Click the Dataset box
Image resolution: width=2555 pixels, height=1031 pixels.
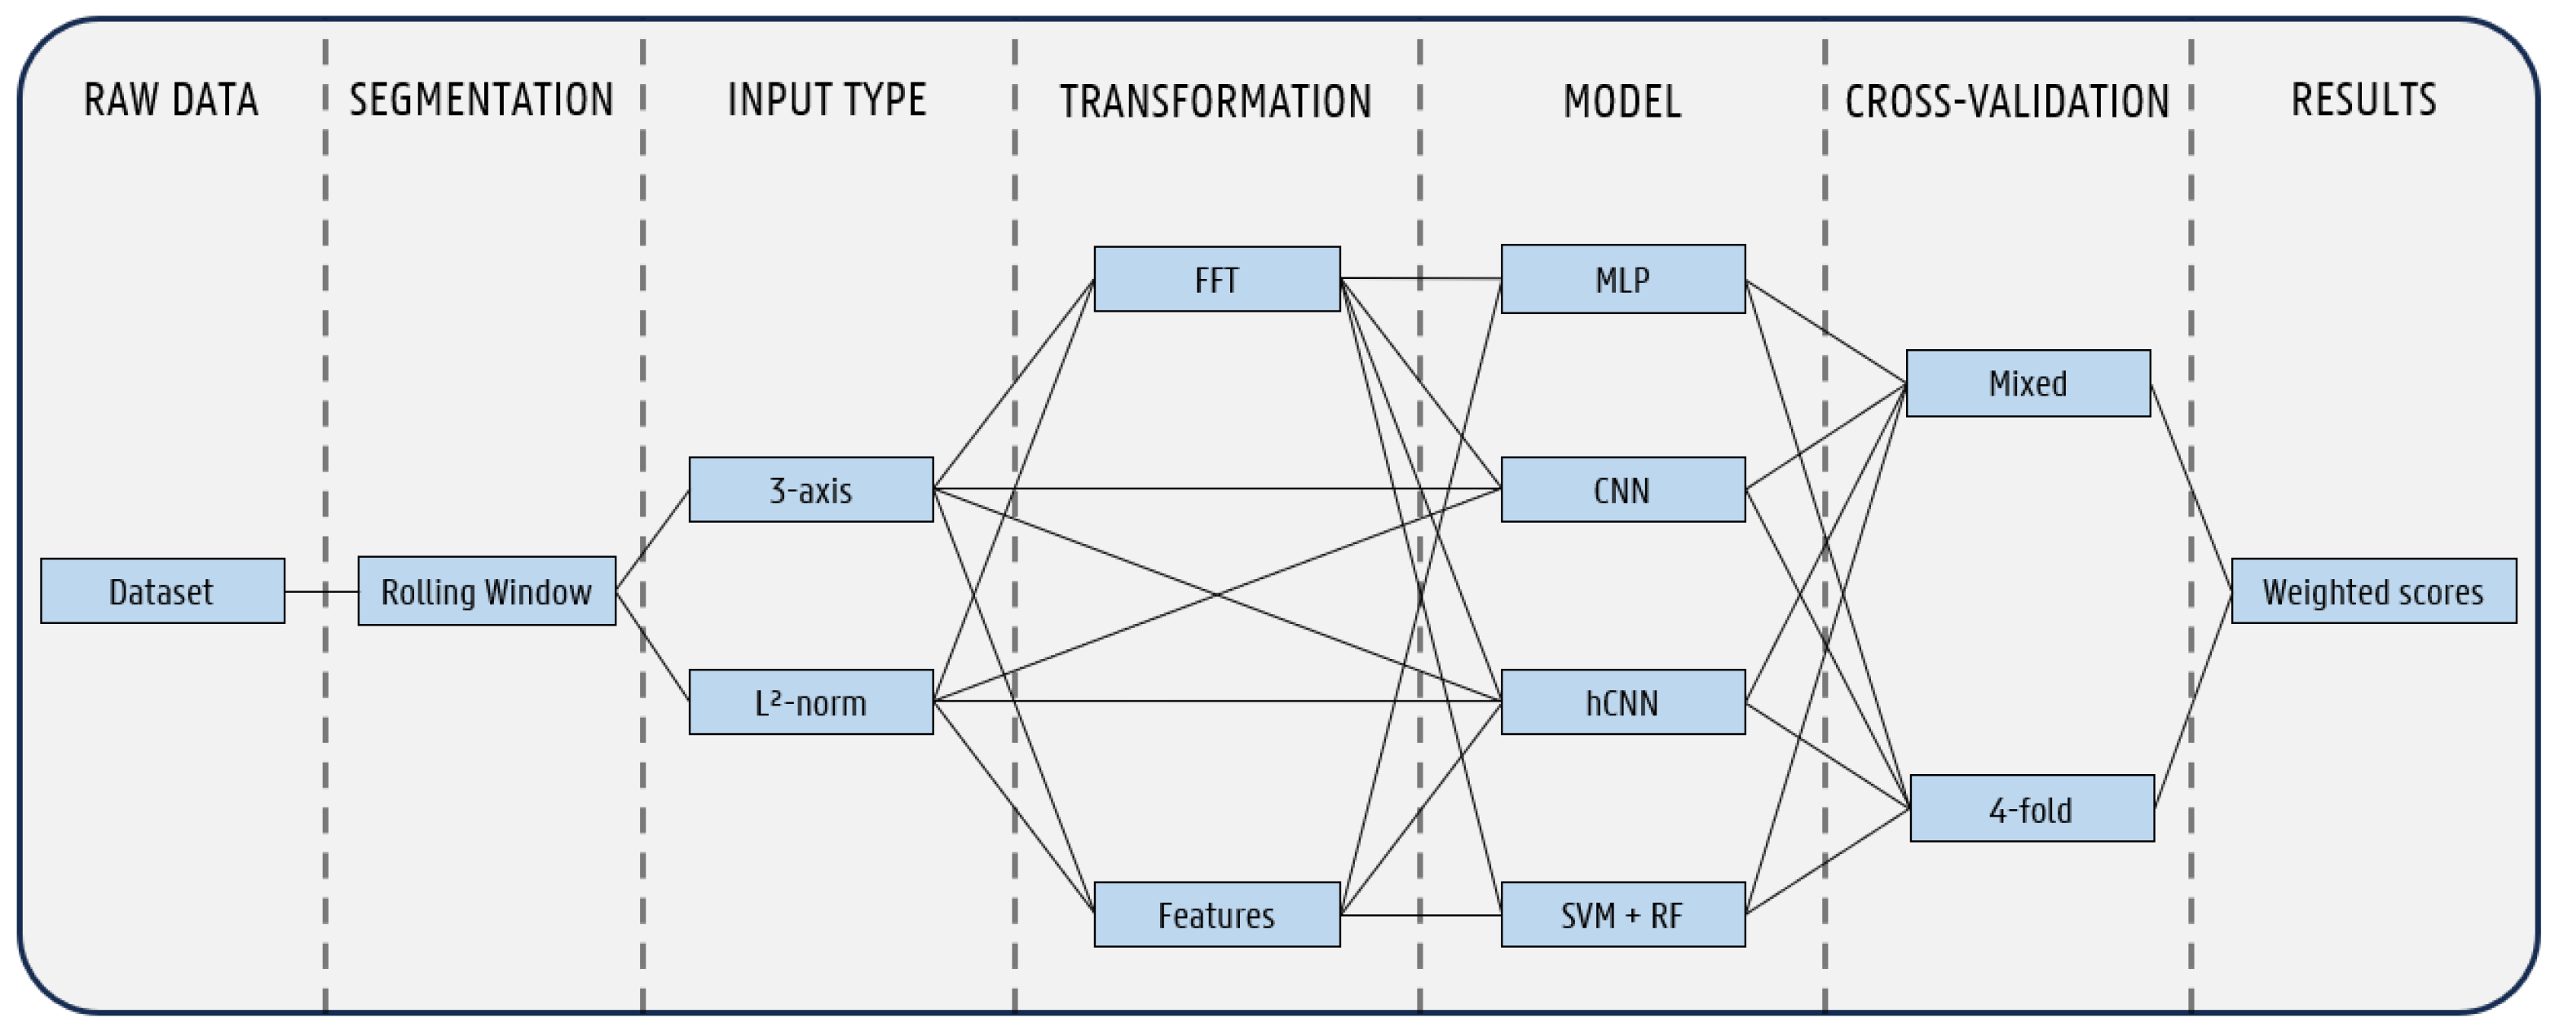point(161,591)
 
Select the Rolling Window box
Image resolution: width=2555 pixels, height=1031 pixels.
point(486,591)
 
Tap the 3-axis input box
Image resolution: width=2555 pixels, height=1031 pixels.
point(810,489)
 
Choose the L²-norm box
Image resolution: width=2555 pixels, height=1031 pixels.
point(810,702)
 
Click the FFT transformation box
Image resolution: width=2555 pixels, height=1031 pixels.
point(1216,280)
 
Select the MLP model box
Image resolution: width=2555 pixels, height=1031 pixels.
point(1622,280)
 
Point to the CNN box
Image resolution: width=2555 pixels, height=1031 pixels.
point(1622,489)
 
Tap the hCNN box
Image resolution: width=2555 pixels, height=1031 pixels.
point(1622,702)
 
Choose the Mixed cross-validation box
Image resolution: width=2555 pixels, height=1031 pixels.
point(2028,383)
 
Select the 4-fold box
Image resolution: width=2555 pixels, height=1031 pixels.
point(2032,808)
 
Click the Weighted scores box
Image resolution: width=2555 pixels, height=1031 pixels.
point(2372,591)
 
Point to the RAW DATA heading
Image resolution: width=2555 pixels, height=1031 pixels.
point(170,100)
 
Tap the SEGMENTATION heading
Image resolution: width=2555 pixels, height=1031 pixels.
point(481,100)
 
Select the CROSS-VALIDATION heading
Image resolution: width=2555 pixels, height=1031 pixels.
point(2006,101)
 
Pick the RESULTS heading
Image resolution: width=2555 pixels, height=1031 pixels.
point(2363,100)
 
